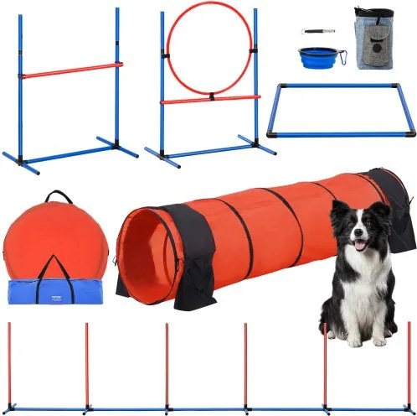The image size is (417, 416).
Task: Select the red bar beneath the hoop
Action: pyautogui.click(x=209, y=99)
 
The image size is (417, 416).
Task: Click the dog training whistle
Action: pyautogui.click(x=318, y=31)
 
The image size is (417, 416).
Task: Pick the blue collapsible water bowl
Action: pyautogui.click(x=317, y=55)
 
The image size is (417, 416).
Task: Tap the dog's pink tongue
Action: pyautogui.click(x=360, y=245)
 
